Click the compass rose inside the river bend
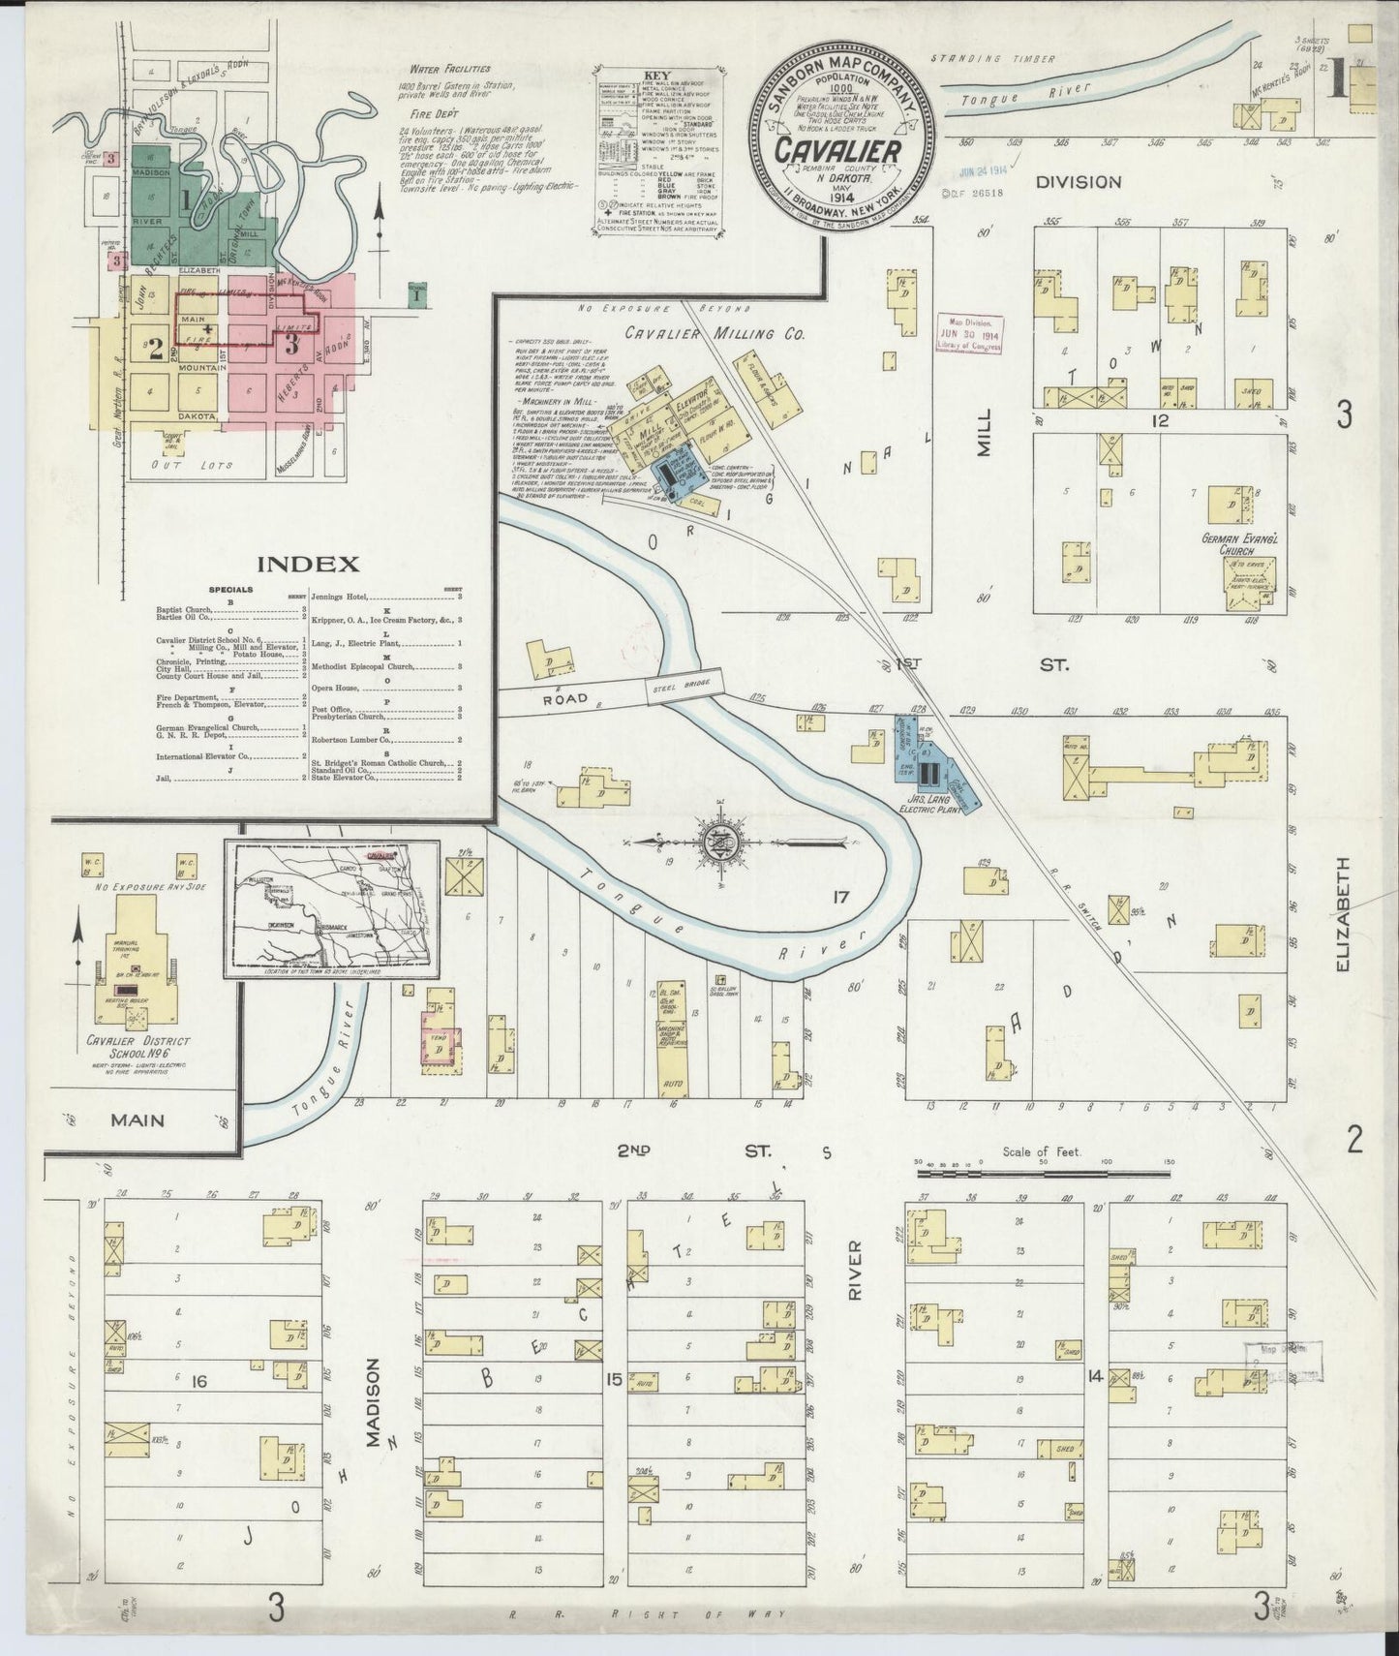click(x=721, y=840)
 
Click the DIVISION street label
click(x=1078, y=181)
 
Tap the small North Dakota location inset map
click(x=331, y=909)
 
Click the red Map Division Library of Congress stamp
click(x=967, y=334)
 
